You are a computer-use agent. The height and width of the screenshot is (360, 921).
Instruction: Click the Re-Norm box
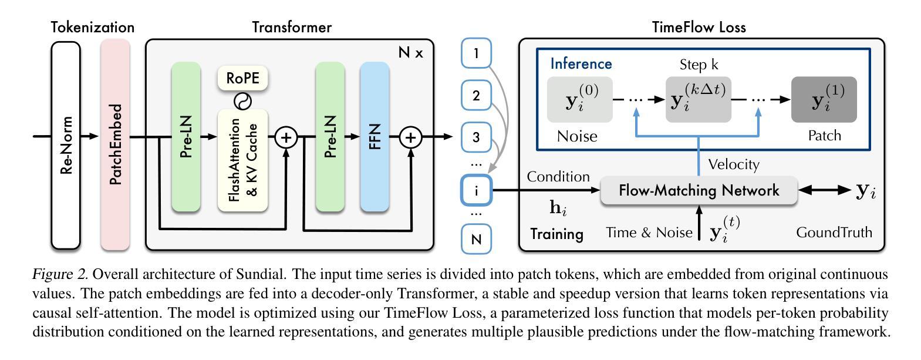pyautogui.click(x=66, y=145)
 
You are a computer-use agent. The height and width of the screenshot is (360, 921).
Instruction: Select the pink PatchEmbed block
pyautogui.click(x=115, y=145)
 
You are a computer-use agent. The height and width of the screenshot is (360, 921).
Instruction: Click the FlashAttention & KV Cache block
pyautogui.click(x=242, y=160)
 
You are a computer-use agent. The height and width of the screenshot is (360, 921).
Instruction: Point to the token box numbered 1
pyautogui.click(x=476, y=53)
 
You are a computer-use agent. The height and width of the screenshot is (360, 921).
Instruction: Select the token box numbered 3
pyautogui.click(x=476, y=137)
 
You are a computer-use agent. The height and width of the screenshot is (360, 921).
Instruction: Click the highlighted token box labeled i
pyautogui.click(x=476, y=190)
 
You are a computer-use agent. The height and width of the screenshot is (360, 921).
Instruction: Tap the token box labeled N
pyautogui.click(x=476, y=239)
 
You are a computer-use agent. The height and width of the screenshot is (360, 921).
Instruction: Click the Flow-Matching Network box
pyautogui.click(x=699, y=190)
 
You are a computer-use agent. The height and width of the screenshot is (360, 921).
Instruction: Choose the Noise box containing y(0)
pyautogui.click(x=580, y=99)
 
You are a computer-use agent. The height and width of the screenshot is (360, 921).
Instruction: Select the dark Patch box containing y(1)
pyautogui.click(x=824, y=99)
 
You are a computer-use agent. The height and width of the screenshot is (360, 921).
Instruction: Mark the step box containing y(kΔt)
pyautogui.click(x=698, y=99)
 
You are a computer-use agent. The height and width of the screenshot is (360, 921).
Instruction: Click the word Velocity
pyautogui.click(x=734, y=165)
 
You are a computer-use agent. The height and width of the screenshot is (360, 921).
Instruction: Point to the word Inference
pyautogui.click(x=581, y=64)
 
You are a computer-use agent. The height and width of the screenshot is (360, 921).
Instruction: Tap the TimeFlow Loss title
pyautogui.click(x=699, y=27)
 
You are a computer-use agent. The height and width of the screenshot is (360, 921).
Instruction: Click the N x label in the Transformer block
pyautogui.click(x=410, y=52)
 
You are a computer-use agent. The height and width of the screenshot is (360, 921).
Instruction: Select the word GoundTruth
pyautogui.click(x=834, y=233)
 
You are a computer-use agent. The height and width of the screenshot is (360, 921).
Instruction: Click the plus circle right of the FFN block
pyautogui.click(x=411, y=137)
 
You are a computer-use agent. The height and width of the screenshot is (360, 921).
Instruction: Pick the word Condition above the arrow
pyautogui.click(x=558, y=177)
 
